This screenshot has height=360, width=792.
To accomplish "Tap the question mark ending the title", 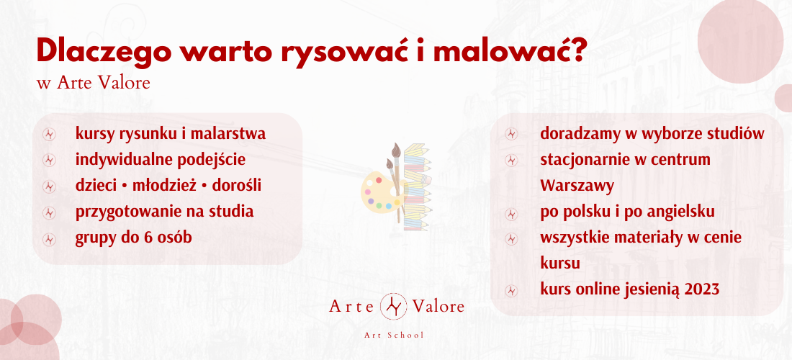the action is click(x=577, y=50).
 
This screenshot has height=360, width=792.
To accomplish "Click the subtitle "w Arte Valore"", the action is click(x=94, y=83).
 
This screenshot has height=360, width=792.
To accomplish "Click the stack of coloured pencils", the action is click(x=417, y=186).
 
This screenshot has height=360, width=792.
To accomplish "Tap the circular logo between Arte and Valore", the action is click(x=393, y=306).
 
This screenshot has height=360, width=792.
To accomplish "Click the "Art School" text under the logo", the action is click(x=394, y=336).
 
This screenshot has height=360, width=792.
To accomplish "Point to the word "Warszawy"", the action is click(x=577, y=186).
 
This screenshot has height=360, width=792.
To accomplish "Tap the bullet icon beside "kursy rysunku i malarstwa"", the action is click(x=49, y=134).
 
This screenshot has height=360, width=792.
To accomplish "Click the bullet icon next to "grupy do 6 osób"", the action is click(x=49, y=238).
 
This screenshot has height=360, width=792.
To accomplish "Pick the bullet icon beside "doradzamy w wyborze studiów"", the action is click(x=512, y=134).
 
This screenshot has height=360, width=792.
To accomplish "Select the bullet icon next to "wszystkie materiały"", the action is click(x=512, y=238).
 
